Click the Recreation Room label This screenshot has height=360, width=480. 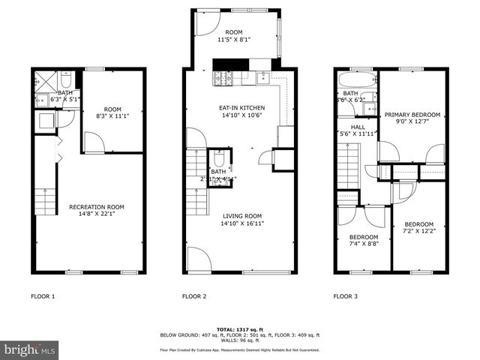97,211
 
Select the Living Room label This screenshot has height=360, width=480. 242,219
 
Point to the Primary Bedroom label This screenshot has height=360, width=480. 412,118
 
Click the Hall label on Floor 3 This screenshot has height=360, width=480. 358,130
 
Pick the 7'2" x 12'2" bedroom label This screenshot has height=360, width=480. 418,228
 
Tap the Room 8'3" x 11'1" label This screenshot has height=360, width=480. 112,112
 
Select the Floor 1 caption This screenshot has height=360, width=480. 43,296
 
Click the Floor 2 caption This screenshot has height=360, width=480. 194,296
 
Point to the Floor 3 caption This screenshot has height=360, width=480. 345,296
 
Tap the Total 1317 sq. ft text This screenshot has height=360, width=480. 239,329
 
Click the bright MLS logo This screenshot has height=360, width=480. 30,349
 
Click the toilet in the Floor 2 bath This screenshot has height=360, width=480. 219,160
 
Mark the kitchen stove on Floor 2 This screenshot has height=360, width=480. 223,78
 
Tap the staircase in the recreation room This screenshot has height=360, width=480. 46,201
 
